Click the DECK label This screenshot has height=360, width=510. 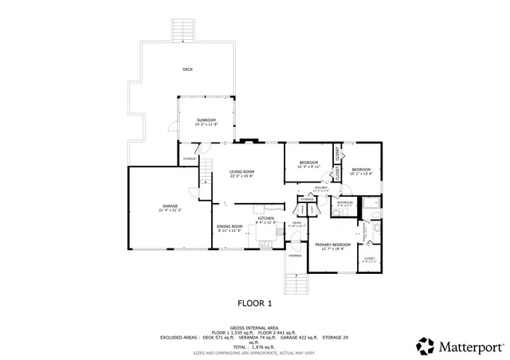point(187,69)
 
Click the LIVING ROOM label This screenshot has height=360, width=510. point(241,173)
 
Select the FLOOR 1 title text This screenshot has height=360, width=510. point(255,303)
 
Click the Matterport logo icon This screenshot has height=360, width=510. point(424,346)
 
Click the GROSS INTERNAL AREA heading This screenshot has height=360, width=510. point(254,327)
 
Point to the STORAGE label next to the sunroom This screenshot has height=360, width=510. point(190,158)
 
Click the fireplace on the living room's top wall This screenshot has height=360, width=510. point(250,142)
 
